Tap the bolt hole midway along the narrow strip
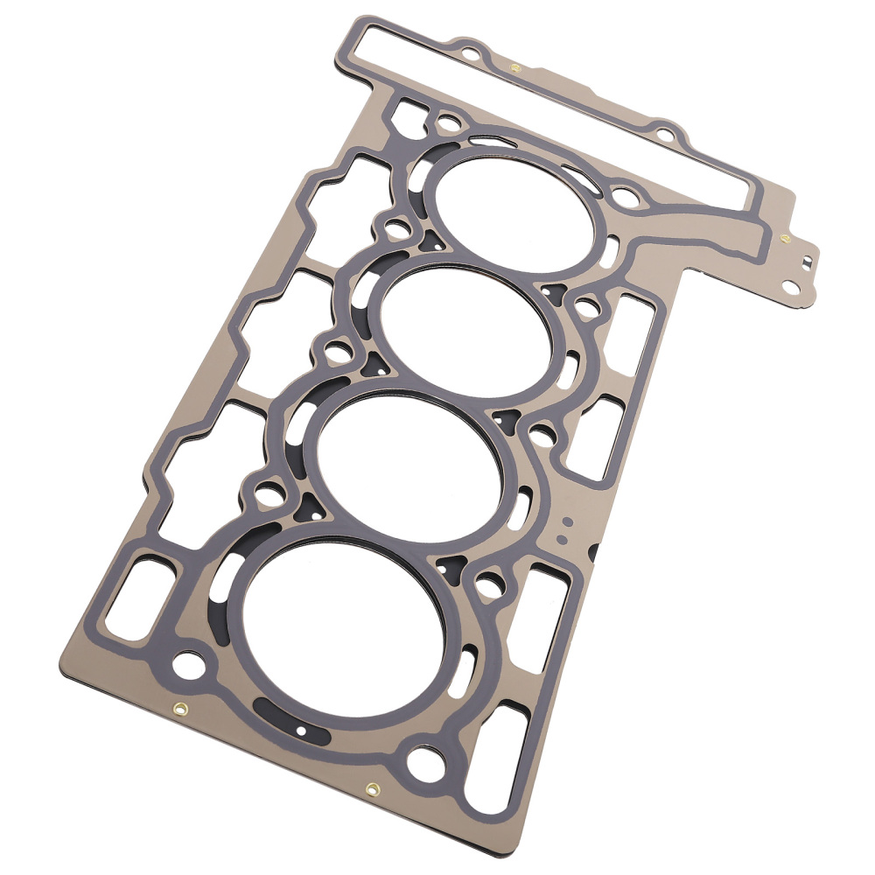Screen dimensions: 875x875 665,136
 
